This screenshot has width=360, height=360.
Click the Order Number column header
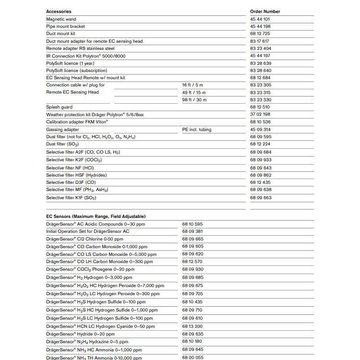pos(265,12)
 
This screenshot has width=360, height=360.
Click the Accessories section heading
pos(59,12)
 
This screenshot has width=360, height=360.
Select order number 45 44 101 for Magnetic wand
pos(260,19)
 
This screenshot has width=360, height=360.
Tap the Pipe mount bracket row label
pos(65,26)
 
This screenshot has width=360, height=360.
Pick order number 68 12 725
pos(260,34)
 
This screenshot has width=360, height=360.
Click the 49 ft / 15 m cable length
pos(194,92)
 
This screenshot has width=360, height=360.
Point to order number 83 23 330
pos(261,100)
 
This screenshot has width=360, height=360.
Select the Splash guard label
pos(60,107)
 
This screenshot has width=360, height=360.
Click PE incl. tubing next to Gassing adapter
pos(197,130)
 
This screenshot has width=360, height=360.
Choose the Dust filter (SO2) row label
pos(62,144)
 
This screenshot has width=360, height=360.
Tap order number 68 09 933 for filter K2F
pos(261,160)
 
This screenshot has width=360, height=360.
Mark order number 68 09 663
pos(261,198)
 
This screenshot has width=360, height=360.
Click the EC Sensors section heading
pos(96,216)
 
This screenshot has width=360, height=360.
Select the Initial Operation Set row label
pos(88,231)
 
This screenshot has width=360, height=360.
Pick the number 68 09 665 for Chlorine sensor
pos(192,239)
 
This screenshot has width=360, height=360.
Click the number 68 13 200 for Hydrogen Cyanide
pos(192,326)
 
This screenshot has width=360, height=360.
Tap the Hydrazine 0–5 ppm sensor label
pos(87,342)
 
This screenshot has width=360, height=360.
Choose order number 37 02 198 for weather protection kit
pos(260,114)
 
